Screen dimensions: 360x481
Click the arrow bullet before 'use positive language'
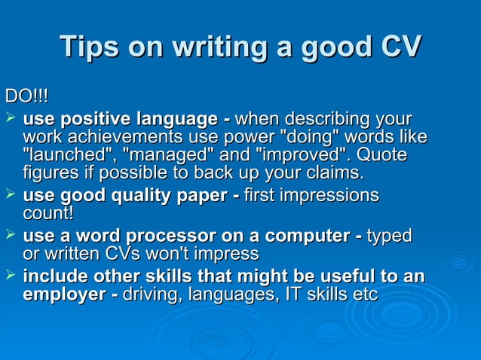10,118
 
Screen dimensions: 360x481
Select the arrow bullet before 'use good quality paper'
10,195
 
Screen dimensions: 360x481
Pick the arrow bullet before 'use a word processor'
10,236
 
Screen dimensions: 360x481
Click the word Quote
381,156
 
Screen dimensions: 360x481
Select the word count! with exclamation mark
48,214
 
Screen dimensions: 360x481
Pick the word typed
389,236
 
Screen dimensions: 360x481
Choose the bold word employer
64,295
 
